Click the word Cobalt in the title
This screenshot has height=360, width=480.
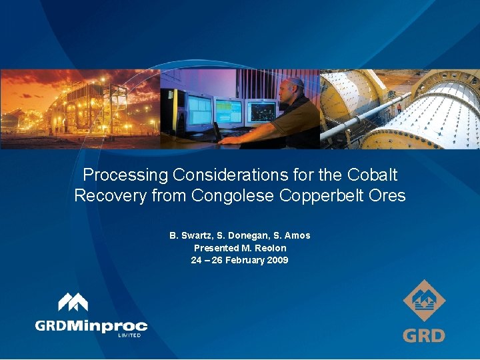373,175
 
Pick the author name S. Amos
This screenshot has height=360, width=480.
292,235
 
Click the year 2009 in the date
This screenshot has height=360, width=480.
277,260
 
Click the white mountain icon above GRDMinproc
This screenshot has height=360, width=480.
73,303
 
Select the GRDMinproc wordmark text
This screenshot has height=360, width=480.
91,326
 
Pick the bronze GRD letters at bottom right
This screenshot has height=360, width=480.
424,335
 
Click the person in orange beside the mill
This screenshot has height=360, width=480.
399,107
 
